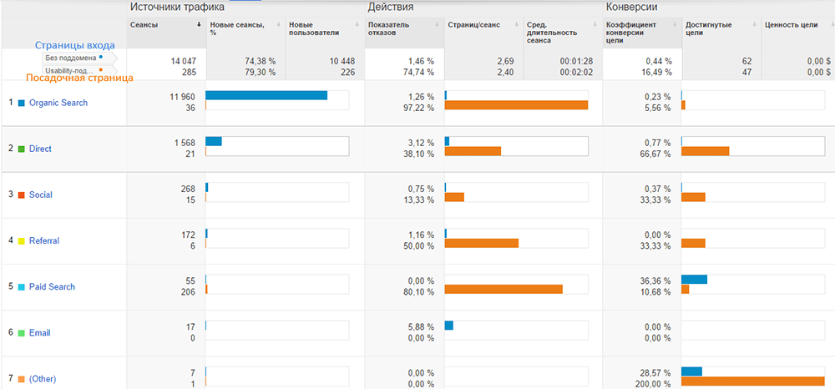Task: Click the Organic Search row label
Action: tap(58, 103)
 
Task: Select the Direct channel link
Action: tap(40, 149)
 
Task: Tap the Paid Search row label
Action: tap(52, 286)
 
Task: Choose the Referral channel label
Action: tap(43, 240)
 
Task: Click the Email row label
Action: tap(39, 332)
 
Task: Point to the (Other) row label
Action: tap(42, 378)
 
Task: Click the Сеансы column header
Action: tap(144, 24)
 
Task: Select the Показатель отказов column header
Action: tap(388, 28)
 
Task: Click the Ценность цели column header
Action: tap(791, 24)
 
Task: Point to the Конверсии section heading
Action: tap(631, 7)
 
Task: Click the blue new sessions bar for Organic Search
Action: tap(266, 95)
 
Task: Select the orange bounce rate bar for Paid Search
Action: tap(504, 289)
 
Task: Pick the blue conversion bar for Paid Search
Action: tap(694, 279)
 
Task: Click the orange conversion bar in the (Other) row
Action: tap(752, 381)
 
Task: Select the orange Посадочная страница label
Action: tap(79, 78)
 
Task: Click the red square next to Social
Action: tap(21, 194)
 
